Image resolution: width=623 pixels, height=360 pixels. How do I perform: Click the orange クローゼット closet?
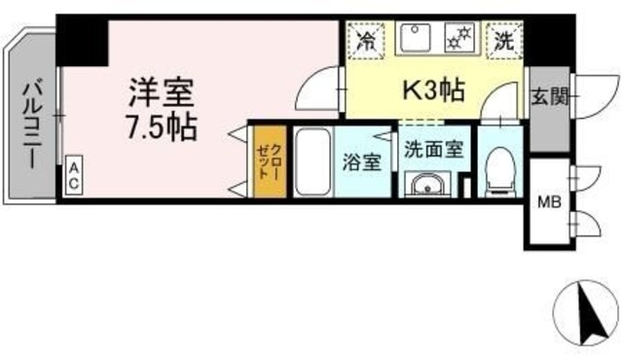[269, 160]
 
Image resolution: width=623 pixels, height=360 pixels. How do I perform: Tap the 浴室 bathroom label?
[361, 162]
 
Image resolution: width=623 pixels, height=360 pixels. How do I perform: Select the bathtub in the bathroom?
[311, 162]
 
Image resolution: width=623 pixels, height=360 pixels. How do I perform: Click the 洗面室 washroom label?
[425, 151]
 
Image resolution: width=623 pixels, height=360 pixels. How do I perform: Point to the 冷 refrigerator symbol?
[367, 40]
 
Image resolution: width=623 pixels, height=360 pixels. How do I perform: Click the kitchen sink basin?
[415, 38]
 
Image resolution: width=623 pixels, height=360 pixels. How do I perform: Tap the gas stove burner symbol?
[457, 40]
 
